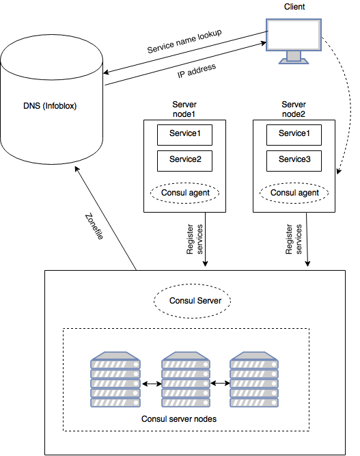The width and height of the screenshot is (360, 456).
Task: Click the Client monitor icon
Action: coord(294,41)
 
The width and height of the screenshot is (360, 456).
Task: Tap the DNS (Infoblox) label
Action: coord(50,105)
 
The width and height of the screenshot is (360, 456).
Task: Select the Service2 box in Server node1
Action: coord(185,161)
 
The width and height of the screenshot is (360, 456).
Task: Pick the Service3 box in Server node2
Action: coord(294,161)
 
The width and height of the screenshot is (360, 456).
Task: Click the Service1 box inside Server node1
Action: coord(185,135)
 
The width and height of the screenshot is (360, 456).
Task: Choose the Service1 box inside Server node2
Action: coord(294,135)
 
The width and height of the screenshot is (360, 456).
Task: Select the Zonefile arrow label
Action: coord(94,226)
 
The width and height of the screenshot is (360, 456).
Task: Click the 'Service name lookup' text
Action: coord(184,41)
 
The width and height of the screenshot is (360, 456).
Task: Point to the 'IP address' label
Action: coord(197,70)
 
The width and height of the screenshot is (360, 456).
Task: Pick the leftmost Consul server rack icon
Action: coord(115,379)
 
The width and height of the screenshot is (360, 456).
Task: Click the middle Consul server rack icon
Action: coord(186,379)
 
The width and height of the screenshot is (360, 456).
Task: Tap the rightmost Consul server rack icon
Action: coord(254,379)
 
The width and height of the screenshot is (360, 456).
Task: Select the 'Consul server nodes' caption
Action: coord(179,419)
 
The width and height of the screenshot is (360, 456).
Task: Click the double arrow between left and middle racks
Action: coord(152,384)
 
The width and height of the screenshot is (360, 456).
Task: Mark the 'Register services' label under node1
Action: coord(195,239)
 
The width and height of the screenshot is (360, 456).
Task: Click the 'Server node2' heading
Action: coord(294,109)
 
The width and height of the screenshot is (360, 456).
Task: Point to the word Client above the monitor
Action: coord(294,7)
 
